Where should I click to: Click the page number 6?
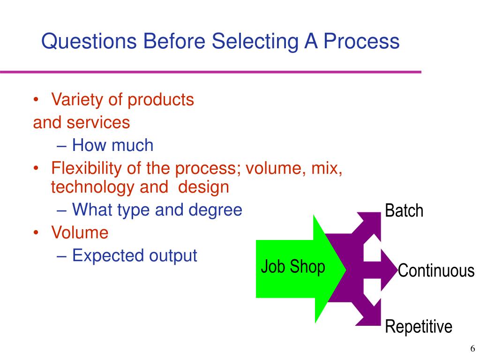(x=472, y=349)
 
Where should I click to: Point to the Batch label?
(x=404, y=211)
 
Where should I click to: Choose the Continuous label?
(x=436, y=271)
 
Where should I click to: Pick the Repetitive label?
(x=419, y=326)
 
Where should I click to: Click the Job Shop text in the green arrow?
(x=293, y=267)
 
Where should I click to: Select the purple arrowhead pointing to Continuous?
(x=387, y=270)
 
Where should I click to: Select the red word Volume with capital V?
(x=80, y=232)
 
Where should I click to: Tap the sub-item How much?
(x=112, y=145)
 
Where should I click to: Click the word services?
(x=97, y=122)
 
